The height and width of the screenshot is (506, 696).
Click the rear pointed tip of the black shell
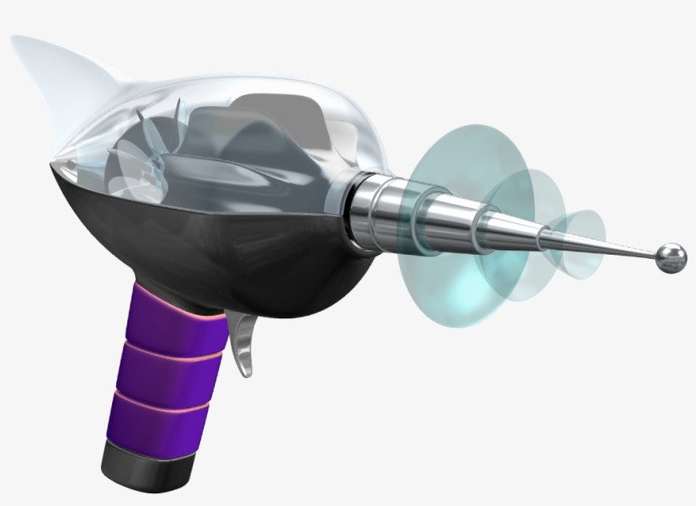(x=53, y=161)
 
